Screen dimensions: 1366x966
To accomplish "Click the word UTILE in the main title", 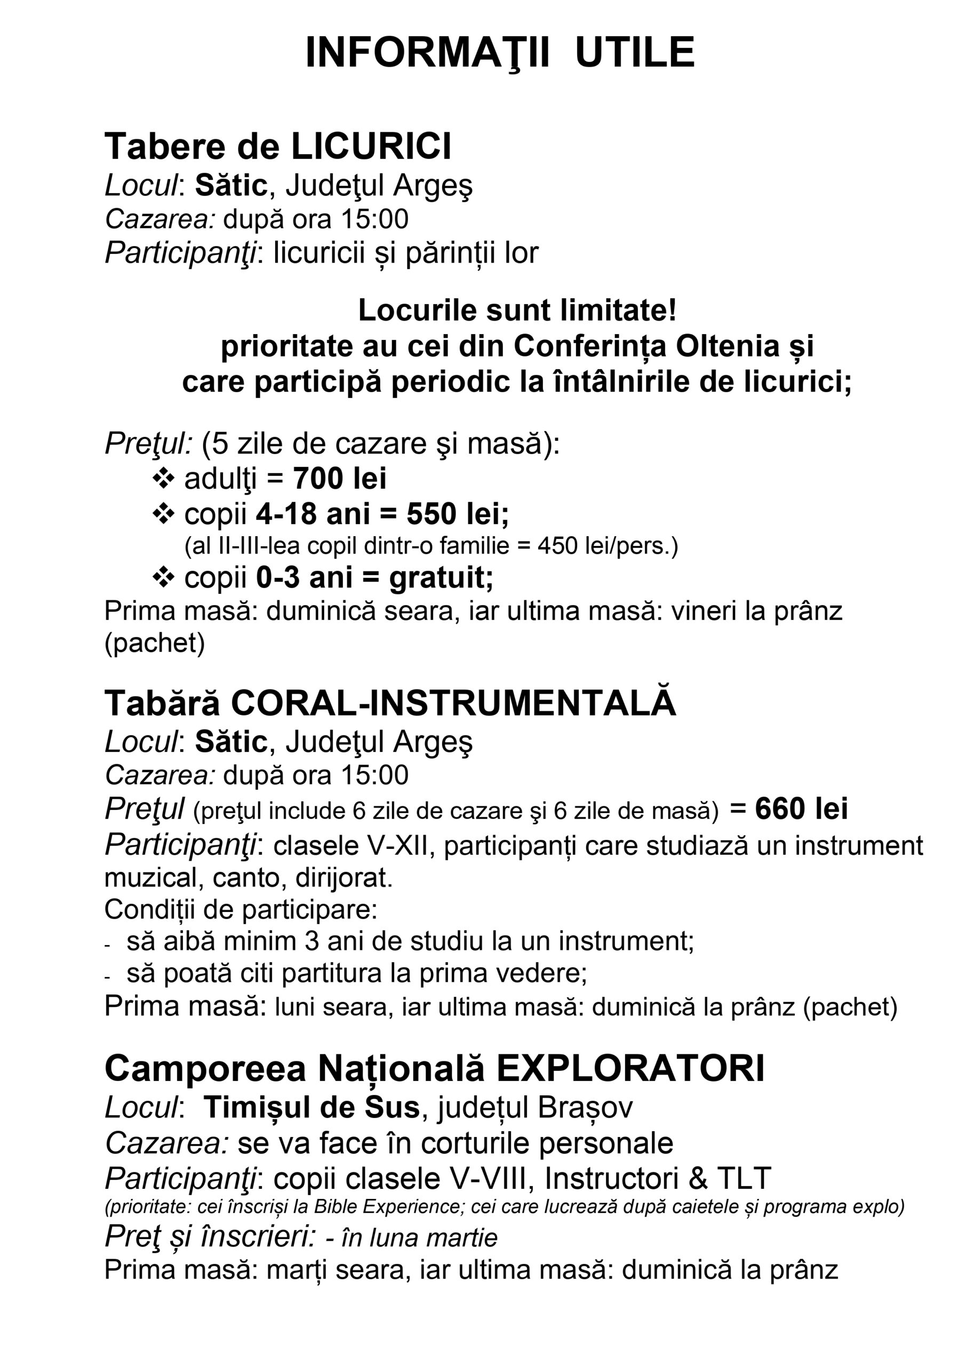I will (x=635, y=53).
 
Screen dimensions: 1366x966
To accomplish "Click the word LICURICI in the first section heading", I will (x=371, y=146).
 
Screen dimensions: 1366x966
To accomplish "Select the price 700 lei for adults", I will (x=340, y=479).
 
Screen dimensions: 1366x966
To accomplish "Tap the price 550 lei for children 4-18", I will (x=458, y=514).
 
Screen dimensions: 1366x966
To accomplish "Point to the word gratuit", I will (x=441, y=578).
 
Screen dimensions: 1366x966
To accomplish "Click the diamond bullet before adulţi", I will (x=164, y=478).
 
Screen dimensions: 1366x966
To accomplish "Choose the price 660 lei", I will (x=801, y=808).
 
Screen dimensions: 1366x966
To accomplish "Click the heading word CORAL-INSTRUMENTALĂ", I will (x=453, y=703).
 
